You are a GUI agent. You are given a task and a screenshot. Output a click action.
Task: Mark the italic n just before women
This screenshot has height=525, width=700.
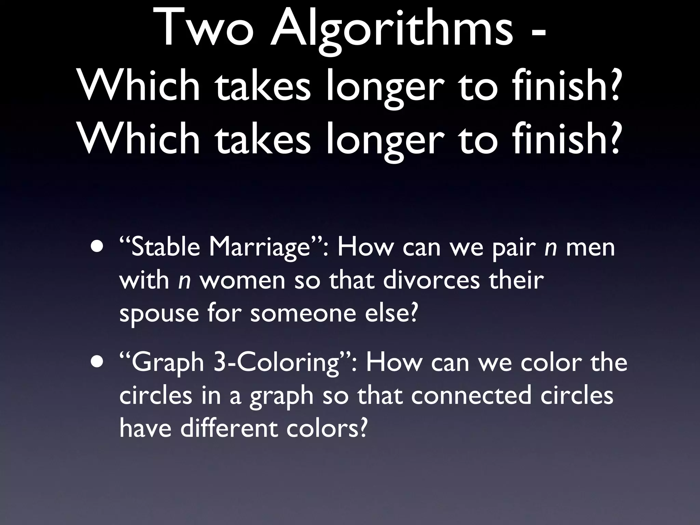[x=184, y=281]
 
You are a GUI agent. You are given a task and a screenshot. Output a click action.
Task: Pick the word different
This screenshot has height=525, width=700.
[x=229, y=428]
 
